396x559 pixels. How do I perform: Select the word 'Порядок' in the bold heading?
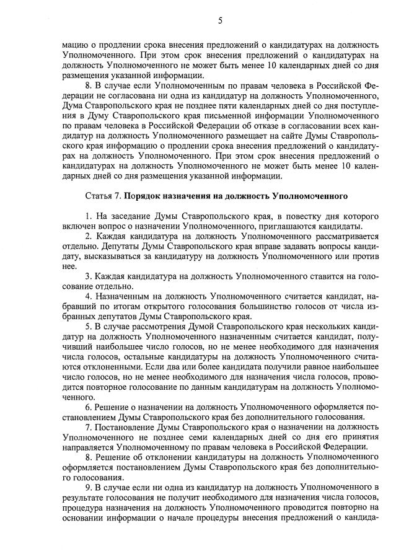point(144,196)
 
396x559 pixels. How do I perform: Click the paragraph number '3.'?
point(89,275)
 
